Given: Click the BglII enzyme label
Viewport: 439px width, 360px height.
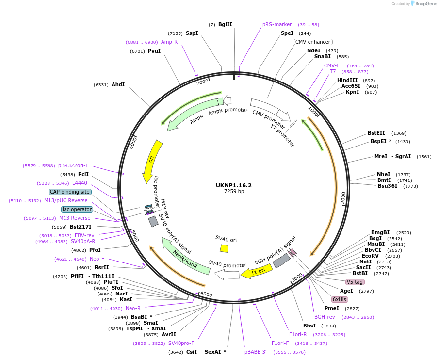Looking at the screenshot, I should tap(225, 24).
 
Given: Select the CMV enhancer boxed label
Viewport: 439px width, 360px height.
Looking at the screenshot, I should tap(313, 42).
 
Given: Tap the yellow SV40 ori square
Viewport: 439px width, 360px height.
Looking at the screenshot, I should tap(224, 248).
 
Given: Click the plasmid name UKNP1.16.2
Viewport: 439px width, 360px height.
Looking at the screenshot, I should tap(234, 185).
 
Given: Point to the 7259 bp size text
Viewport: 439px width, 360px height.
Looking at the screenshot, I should tap(234, 192).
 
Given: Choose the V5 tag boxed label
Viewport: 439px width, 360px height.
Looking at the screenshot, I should tap(355, 282).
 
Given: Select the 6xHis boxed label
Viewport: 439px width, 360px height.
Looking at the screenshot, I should tap(340, 299).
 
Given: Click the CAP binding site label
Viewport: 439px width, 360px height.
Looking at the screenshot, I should tap(70, 192).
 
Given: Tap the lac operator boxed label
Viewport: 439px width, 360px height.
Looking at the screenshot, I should tap(77, 209).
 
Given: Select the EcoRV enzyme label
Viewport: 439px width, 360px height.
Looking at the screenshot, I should tap(370, 256).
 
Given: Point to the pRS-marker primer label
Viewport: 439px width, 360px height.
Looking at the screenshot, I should tap(277, 24).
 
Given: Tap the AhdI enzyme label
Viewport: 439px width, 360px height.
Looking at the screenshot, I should tap(118, 84).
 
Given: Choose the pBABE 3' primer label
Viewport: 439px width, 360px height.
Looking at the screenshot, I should tap(256, 352).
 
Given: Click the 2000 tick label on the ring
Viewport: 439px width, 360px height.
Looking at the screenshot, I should tap(343, 197).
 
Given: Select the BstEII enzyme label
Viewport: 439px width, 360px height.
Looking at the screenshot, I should tap(376, 133).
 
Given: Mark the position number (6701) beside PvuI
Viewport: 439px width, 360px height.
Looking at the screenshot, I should tap(138, 51).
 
